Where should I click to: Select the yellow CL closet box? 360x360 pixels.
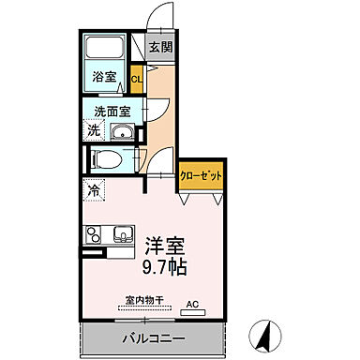point(137,79)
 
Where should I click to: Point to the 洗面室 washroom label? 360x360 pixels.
point(112,112)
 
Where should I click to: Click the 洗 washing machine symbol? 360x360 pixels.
point(93,131)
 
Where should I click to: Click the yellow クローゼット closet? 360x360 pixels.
point(202,176)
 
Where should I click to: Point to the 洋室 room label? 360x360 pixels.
point(164,247)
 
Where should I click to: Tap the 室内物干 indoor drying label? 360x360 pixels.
point(144,302)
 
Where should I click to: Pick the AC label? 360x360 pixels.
point(193,304)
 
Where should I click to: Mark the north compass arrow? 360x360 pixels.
point(265,332)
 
